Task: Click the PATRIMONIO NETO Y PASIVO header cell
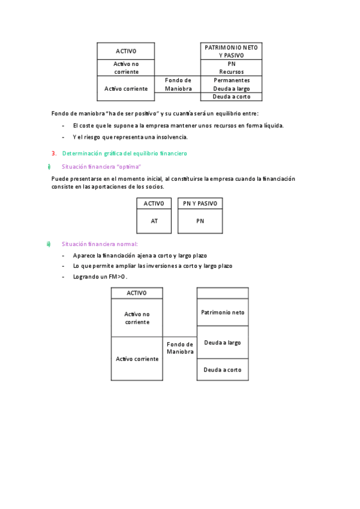(231, 51)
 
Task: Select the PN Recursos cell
(231, 67)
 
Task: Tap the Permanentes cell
(231, 80)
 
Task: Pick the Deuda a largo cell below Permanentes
(231, 88)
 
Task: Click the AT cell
(154, 221)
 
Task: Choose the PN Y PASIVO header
(200, 204)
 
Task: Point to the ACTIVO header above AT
(154, 204)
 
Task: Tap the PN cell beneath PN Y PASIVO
(200, 221)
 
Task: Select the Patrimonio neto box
(223, 312)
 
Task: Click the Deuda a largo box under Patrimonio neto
(223, 342)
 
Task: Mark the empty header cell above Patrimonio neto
(223, 293)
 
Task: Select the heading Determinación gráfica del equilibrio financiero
(125, 153)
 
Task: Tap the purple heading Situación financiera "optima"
(101, 166)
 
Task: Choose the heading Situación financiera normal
(100, 244)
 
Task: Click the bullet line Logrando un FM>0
(100, 277)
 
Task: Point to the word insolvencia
(171, 137)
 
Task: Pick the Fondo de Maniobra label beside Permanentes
(178, 84)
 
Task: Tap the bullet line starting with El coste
(178, 125)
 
